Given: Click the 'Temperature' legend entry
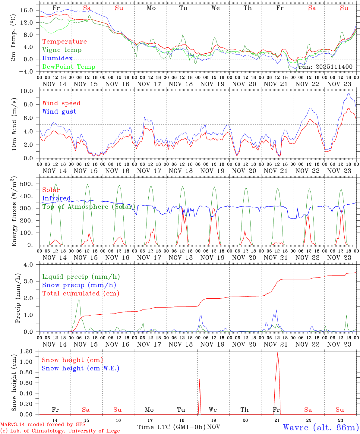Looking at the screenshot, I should click(64, 42).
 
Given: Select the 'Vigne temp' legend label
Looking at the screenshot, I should click(62, 50).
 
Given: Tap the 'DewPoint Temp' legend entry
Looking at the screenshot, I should click(69, 67).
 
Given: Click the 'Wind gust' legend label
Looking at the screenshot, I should click(59, 112).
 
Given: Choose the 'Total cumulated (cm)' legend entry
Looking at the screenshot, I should click(81, 293).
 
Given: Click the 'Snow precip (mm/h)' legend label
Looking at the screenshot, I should click(79, 285).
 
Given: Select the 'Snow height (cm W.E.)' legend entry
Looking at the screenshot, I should click(80, 368).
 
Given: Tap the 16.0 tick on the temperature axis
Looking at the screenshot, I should click(27, 10).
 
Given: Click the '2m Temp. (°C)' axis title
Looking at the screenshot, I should click(14, 37).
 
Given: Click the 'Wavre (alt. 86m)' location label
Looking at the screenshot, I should click(321, 427).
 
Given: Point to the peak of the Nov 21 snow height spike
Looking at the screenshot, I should click(277, 352).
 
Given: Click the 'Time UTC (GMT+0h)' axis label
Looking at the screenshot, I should click(171, 427).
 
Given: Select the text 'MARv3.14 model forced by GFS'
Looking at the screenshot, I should click(43, 425).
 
